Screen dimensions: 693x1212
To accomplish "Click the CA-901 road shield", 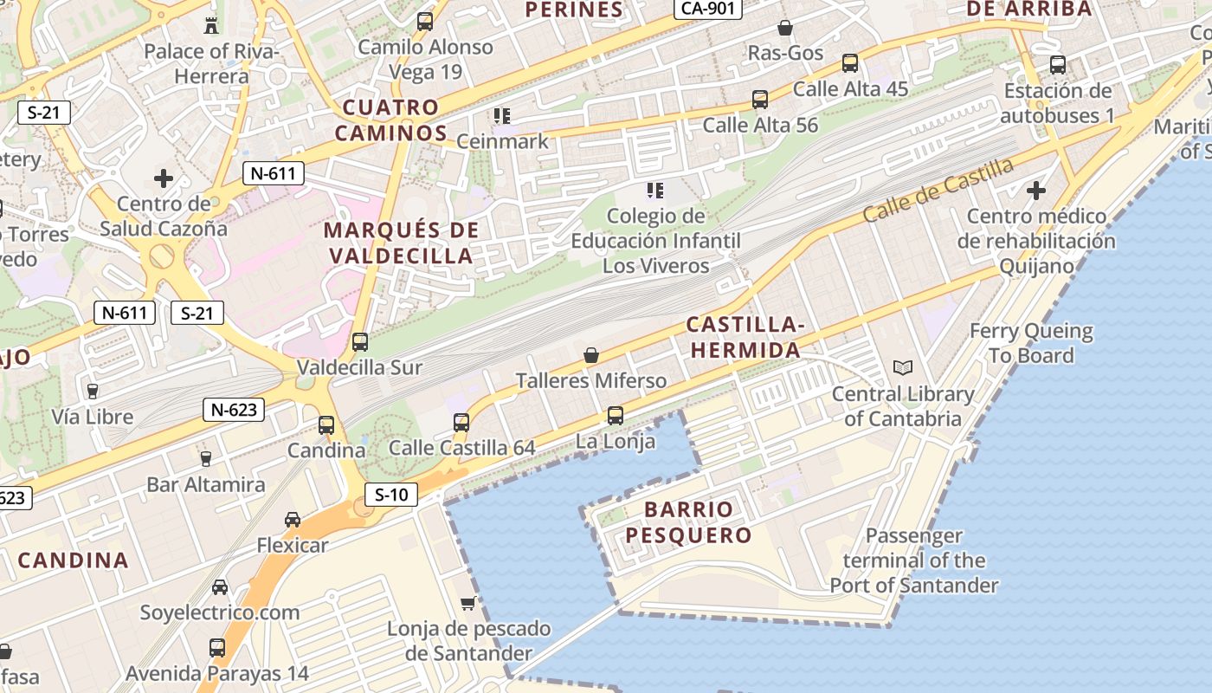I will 707,9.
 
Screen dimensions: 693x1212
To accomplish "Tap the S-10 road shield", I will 391,495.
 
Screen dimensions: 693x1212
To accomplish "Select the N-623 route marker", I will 234,409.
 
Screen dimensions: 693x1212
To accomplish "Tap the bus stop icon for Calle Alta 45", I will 850,62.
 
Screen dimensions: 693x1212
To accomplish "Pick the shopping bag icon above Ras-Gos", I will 785,28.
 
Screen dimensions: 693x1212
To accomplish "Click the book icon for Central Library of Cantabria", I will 903,367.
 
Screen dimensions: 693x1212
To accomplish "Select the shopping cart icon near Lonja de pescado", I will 468,602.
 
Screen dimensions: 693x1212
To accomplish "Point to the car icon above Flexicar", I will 293,519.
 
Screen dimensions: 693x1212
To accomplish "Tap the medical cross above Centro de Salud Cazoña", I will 163,178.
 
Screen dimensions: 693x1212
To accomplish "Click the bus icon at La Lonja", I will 615,415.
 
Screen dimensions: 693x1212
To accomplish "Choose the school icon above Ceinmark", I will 502,115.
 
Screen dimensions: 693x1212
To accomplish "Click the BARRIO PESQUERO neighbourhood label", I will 688,522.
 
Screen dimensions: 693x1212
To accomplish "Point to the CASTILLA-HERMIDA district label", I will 745,338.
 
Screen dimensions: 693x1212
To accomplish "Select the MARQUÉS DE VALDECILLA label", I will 400,243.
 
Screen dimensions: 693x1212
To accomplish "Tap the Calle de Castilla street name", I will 938,190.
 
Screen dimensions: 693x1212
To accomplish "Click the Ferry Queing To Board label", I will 1030,343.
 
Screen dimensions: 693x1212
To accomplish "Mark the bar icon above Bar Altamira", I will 205,458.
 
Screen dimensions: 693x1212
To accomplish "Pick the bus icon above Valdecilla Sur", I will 360,341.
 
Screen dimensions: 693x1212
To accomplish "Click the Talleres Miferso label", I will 591,380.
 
